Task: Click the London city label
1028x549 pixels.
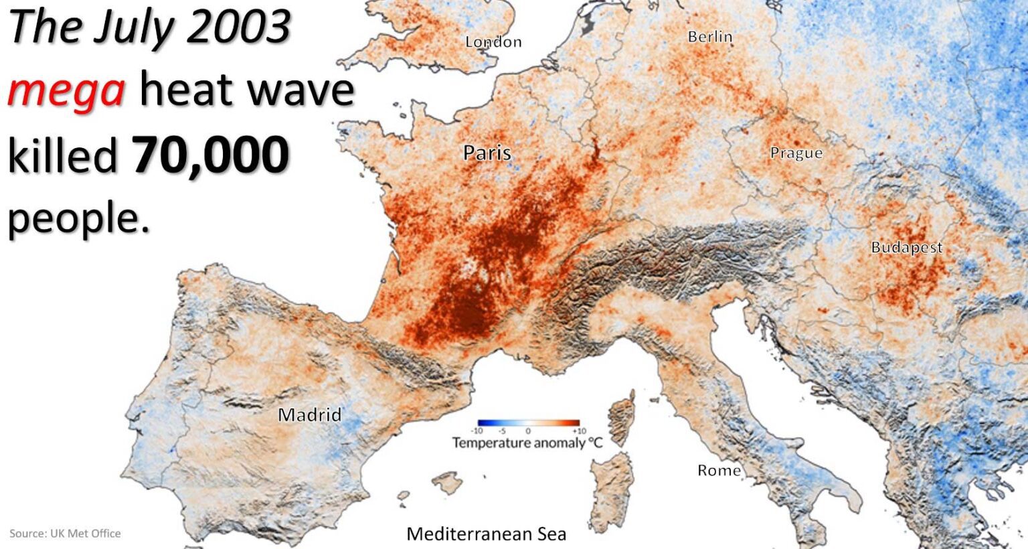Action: tap(493, 42)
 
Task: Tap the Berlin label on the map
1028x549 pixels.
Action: tap(710, 37)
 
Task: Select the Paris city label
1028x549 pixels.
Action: tap(487, 153)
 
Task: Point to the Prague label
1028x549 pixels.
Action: tap(796, 153)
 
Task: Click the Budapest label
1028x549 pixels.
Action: tap(906, 248)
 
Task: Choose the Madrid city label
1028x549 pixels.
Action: tap(309, 415)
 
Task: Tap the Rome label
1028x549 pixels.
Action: tap(719, 471)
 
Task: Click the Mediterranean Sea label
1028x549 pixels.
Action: tap(487, 534)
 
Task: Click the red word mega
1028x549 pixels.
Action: tap(66, 90)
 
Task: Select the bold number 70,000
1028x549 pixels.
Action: tap(211, 155)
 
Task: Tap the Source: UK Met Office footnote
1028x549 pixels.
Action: tap(65, 534)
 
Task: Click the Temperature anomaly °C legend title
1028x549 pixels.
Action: tap(527, 443)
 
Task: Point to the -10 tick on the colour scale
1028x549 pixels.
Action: tap(477, 431)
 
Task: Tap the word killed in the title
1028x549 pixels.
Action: tap(62, 155)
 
